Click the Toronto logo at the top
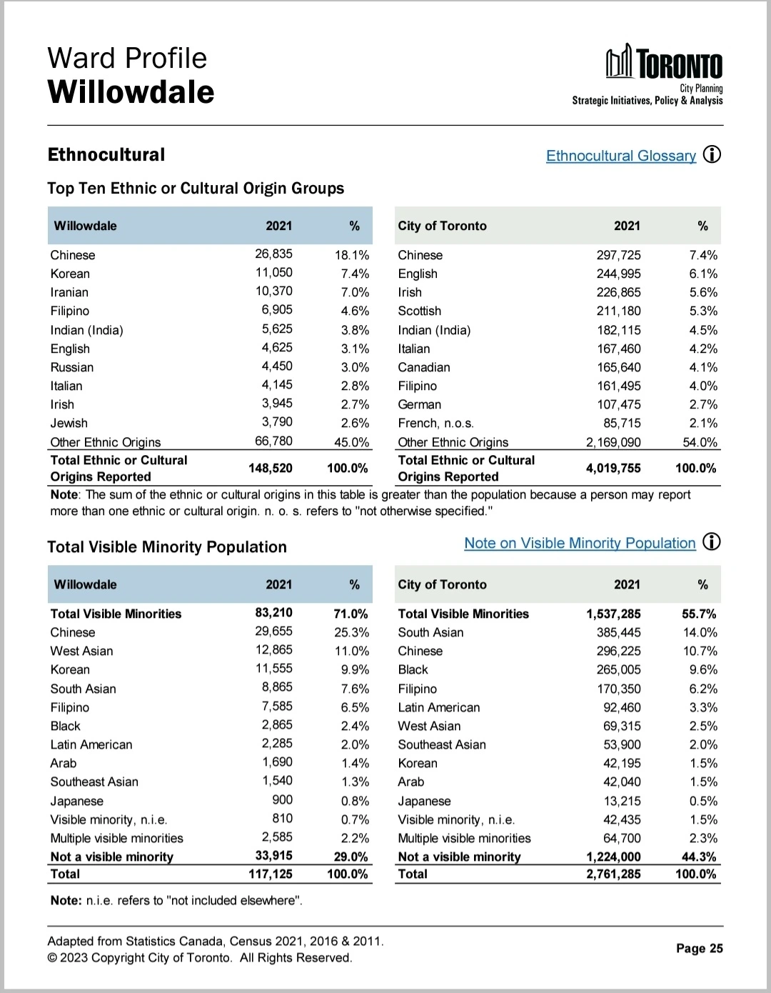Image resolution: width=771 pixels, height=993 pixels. click(x=664, y=63)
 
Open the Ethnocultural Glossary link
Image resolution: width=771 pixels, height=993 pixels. click(x=620, y=156)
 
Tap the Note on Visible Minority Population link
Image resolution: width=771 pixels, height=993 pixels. click(x=579, y=543)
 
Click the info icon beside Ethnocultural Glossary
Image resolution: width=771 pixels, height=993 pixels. click(x=712, y=154)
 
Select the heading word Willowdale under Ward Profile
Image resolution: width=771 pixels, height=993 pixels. click(x=131, y=92)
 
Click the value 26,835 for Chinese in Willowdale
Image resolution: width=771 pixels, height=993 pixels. click(x=273, y=254)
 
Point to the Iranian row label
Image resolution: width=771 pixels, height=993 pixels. click(x=69, y=292)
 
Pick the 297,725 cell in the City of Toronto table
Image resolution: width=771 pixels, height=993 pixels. click(x=618, y=255)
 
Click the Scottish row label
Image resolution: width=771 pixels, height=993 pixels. click(x=419, y=311)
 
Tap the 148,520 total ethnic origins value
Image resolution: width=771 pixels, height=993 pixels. click(x=270, y=468)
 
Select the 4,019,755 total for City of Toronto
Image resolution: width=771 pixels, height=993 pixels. click(x=613, y=468)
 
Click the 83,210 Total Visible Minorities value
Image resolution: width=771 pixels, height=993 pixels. click(x=273, y=613)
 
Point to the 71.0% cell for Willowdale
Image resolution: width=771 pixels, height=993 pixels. click(x=351, y=614)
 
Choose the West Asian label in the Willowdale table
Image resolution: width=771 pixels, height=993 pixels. click(x=81, y=651)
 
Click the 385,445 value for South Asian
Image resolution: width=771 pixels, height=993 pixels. click(x=618, y=632)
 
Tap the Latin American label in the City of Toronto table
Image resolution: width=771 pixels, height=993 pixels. click(x=438, y=707)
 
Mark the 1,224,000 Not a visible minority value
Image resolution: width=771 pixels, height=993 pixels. click(x=613, y=857)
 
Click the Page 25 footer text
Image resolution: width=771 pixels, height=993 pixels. click(x=699, y=948)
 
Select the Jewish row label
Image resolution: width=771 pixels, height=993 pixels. click(x=69, y=423)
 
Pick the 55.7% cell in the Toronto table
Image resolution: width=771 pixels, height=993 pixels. click(x=699, y=614)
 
